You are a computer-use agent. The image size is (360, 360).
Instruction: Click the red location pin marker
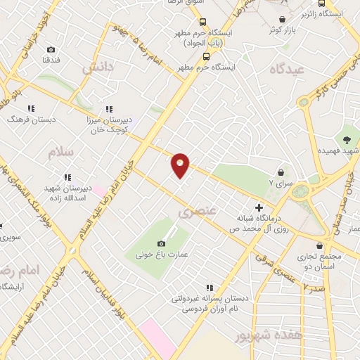pyautogui.click(x=180, y=165)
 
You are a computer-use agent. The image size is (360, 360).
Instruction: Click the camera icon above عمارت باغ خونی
pyautogui.click(x=161, y=243)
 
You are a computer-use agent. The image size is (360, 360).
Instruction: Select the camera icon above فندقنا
pyautogui.click(x=51, y=49)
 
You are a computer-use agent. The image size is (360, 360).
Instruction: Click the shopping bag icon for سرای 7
pyautogui.click(x=281, y=172)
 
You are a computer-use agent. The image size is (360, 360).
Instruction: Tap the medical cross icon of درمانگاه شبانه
pyautogui.click(x=259, y=207)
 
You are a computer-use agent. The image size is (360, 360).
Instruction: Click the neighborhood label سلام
pyautogui.click(x=62, y=152)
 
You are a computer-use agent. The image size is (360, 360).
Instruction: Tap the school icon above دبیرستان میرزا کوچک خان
pyautogui.click(x=109, y=109)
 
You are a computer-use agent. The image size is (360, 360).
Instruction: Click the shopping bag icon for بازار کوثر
pyautogui.click(x=282, y=19)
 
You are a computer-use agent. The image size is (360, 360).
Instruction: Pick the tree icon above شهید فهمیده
pyautogui.click(x=347, y=138)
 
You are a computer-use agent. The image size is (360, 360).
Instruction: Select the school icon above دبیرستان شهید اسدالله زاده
pyautogui.click(x=67, y=177)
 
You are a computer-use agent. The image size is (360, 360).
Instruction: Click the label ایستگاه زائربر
pyautogui.click(x=324, y=13)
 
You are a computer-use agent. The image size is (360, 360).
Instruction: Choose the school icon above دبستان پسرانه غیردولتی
pyautogui.click(x=209, y=287)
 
